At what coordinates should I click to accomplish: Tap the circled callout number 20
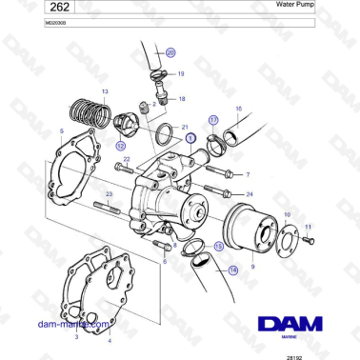click(x=171, y=53)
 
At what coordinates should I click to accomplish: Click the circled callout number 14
click(x=234, y=270)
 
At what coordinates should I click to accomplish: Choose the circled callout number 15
click(x=219, y=245)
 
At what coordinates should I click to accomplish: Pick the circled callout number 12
click(x=121, y=146)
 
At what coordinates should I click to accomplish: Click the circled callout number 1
click(x=191, y=138)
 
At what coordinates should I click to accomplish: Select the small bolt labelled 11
click(x=307, y=240)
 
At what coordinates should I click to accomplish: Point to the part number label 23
click(x=110, y=193)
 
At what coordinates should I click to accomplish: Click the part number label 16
click(x=238, y=109)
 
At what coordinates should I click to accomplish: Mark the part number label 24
click(x=250, y=193)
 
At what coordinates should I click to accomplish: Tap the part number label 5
click(x=62, y=130)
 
